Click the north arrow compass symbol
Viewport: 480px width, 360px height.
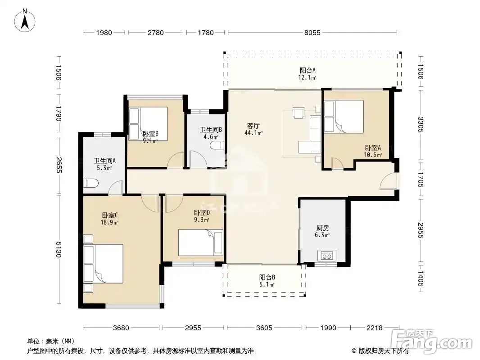tap(25, 21)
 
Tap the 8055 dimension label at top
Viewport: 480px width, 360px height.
tap(312, 32)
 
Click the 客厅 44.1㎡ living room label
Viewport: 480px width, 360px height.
tap(254, 129)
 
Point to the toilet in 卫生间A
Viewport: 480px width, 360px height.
tap(91, 183)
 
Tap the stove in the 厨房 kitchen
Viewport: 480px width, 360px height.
tap(326, 255)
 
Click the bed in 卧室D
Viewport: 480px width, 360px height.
tap(201, 243)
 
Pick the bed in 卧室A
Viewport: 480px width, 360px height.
tap(344, 117)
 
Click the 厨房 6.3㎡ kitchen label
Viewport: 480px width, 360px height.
tap(322, 231)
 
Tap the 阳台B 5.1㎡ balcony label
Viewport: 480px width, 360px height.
tap(267, 281)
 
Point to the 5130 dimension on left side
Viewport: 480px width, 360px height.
tap(59, 250)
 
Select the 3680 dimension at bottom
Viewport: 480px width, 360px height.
tap(121, 328)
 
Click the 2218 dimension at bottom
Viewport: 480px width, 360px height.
tap(374, 328)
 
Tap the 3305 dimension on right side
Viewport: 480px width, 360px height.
tap(421, 125)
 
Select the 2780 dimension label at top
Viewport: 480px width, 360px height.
tap(155, 32)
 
